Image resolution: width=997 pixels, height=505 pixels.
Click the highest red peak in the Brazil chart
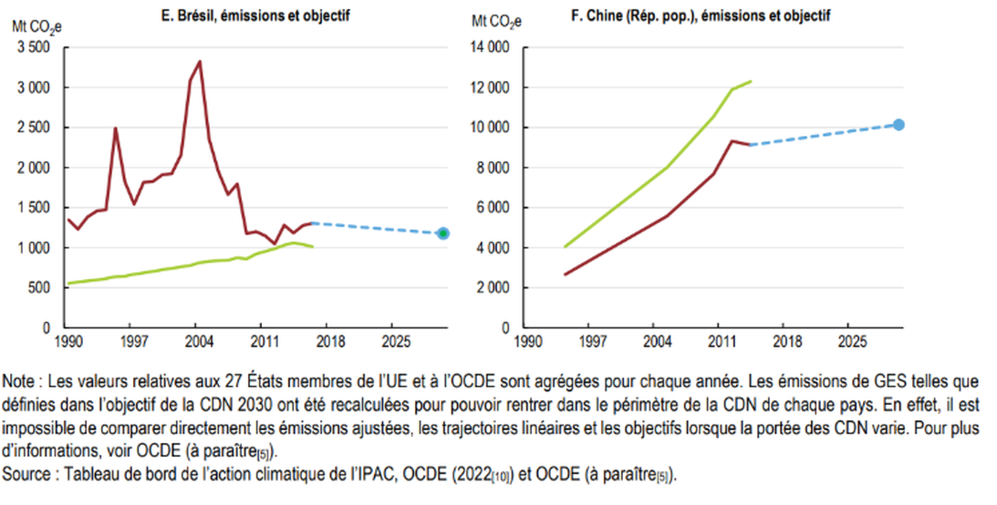click(x=200, y=62)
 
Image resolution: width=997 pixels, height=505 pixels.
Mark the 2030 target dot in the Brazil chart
click(x=443, y=233)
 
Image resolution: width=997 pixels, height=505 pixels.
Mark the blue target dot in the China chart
click(x=898, y=125)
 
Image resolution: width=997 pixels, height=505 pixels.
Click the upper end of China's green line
click(x=750, y=81)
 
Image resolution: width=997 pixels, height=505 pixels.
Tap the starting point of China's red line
click(x=566, y=274)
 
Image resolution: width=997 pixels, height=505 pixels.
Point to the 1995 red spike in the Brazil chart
click(x=115, y=129)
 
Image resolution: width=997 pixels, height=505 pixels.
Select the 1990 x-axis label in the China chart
click(x=525, y=342)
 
